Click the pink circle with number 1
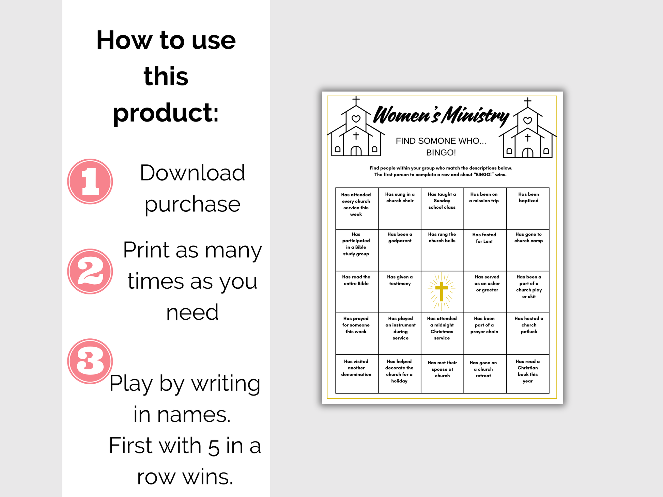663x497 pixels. [x=90, y=181]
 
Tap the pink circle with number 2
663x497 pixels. [x=90, y=271]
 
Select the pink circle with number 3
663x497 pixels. [x=90, y=361]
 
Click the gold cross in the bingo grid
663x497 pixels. [x=442, y=291]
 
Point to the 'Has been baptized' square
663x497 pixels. [x=528, y=208]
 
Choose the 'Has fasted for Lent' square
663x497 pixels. [x=485, y=250]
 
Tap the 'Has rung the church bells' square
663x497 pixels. [x=442, y=250]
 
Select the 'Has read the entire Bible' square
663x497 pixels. [x=357, y=292]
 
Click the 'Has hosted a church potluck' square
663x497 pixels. [x=528, y=334]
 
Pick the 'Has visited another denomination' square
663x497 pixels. [x=357, y=374]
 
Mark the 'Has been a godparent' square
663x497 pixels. [x=400, y=250]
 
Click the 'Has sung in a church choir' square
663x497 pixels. [x=400, y=208]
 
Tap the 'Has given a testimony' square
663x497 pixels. [x=400, y=292]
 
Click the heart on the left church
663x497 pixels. [x=356, y=119]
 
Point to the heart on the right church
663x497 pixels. [x=528, y=120]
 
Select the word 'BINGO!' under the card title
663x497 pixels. [x=441, y=153]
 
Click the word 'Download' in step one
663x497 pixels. [x=192, y=173]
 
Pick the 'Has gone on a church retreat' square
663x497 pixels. [x=485, y=374]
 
